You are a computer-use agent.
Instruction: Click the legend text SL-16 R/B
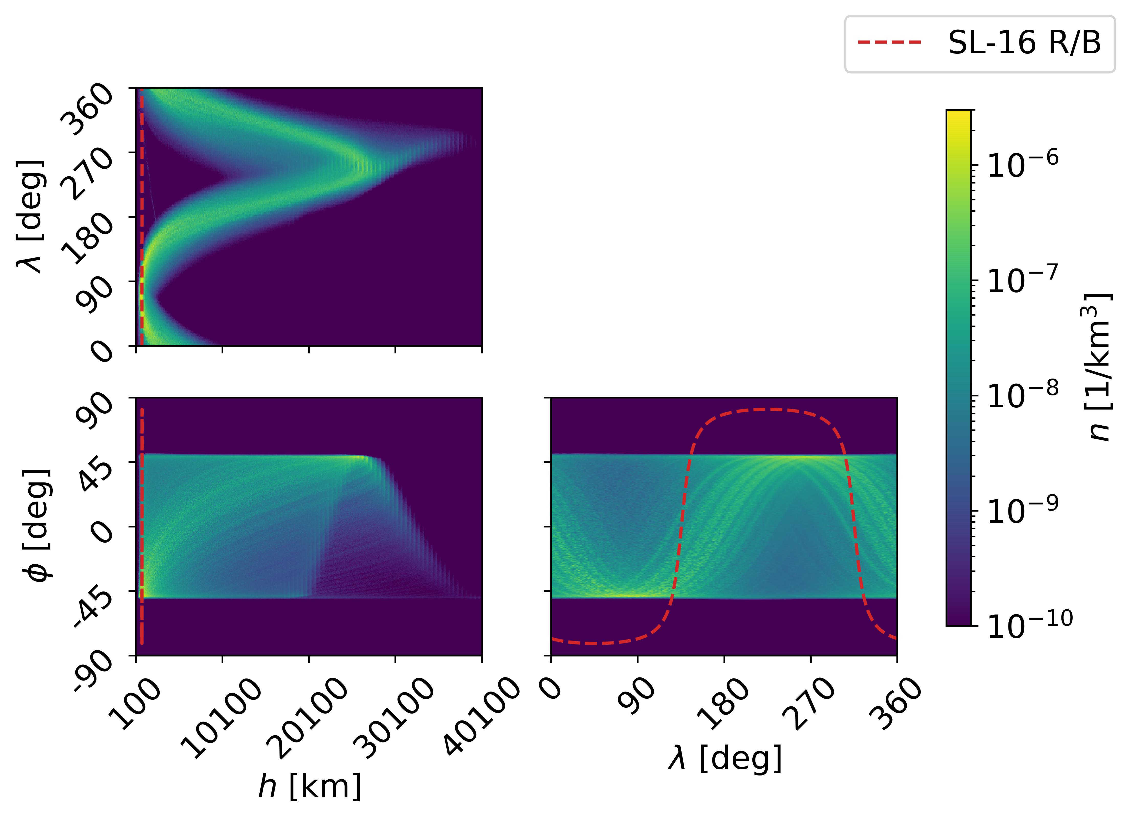[1024, 44]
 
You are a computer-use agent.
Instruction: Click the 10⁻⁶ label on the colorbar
[1022, 165]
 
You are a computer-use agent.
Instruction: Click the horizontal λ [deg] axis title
[724, 758]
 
